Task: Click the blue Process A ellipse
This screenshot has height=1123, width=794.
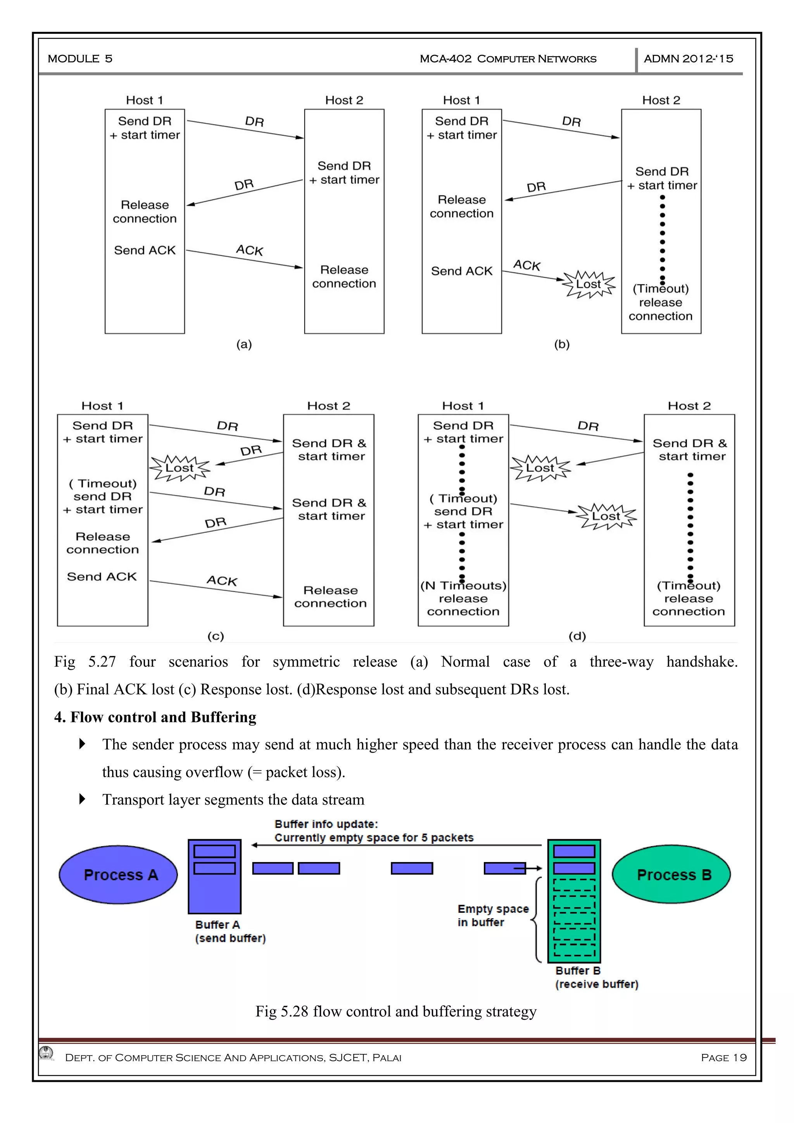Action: [118, 874]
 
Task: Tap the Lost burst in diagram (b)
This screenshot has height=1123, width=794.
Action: [588, 284]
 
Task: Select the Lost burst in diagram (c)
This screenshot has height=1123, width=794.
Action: [180, 468]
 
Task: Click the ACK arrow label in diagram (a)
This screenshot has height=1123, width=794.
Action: [249, 251]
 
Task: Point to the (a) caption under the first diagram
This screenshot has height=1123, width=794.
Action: [244, 344]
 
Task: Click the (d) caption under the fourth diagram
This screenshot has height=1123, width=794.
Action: [577, 636]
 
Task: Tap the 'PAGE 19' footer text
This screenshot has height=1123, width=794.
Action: [723, 1057]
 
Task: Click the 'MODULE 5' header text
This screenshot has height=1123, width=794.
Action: [80, 59]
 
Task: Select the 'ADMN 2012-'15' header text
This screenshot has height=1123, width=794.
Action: [689, 59]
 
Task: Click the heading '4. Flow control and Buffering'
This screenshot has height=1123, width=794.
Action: [155, 717]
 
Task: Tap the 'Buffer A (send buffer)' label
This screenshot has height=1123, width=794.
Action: [230, 931]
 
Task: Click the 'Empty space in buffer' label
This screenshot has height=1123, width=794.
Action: [492, 916]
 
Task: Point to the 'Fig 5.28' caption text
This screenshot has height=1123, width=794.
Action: [395, 1011]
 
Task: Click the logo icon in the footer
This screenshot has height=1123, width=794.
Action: [47, 1052]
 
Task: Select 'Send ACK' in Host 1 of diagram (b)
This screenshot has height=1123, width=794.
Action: [461, 271]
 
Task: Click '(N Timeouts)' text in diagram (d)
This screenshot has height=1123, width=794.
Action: [463, 586]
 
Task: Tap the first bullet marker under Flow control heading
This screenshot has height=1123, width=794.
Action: [82, 744]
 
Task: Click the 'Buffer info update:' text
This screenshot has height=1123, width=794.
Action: [326, 824]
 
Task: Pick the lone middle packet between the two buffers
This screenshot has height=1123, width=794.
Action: [412, 868]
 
